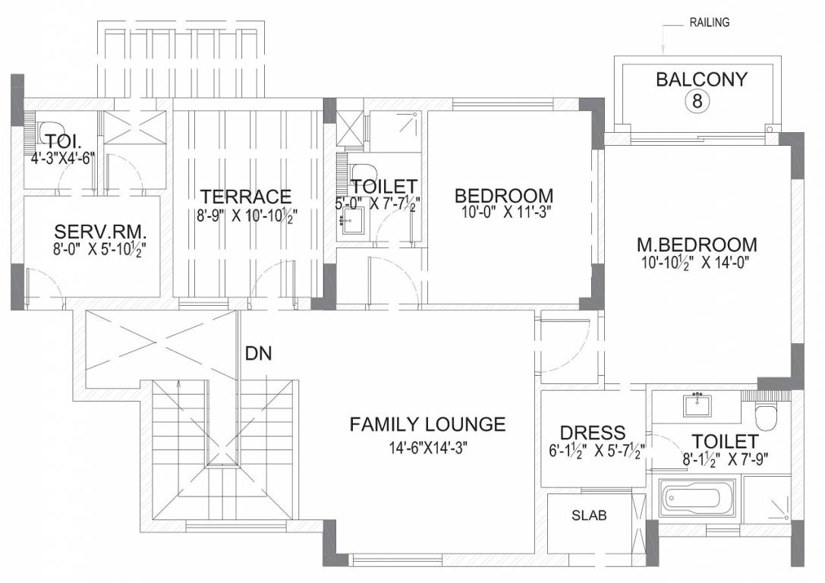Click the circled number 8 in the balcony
[697, 100]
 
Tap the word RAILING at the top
[709, 23]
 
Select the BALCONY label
[701, 80]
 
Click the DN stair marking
[259, 354]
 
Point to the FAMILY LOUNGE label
[428, 424]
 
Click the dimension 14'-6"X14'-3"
[428, 448]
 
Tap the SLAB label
[589, 515]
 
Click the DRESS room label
[593, 433]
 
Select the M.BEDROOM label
[697, 244]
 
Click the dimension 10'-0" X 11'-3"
[503, 213]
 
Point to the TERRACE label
[246, 197]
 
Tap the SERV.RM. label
[100, 232]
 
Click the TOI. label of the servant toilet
[63, 141]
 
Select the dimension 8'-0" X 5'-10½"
[99, 248]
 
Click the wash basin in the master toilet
[697, 405]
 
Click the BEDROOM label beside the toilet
[503, 196]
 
